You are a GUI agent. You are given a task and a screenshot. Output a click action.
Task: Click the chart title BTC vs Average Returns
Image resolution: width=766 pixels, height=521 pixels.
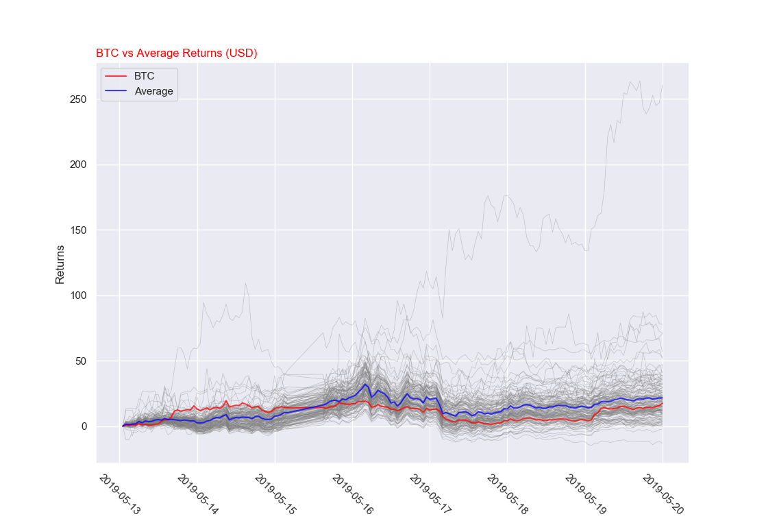click(176, 53)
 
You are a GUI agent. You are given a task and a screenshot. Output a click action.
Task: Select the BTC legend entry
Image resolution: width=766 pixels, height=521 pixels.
click(144, 76)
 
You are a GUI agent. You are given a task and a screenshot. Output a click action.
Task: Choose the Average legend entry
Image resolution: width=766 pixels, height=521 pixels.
click(153, 91)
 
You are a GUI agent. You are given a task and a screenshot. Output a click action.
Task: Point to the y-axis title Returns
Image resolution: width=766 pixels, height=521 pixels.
click(60, 264)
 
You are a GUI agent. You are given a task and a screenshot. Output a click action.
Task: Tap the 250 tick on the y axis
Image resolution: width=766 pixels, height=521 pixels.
click(78, 99)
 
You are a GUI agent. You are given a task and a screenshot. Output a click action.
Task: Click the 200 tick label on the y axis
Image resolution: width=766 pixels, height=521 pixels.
click(78, 165)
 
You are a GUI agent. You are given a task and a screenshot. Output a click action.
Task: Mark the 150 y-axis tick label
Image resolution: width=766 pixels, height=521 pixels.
click(78, 230)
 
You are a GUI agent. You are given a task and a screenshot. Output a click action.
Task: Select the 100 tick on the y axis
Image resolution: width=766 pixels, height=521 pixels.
click(78, 295)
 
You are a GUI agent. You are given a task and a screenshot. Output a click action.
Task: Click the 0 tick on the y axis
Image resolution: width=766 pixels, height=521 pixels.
click(84, 426)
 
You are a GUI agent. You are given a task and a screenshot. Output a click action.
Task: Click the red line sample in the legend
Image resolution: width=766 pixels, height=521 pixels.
click(116, 76)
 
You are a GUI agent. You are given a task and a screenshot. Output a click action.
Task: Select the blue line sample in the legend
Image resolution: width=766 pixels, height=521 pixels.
click(116, 91)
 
